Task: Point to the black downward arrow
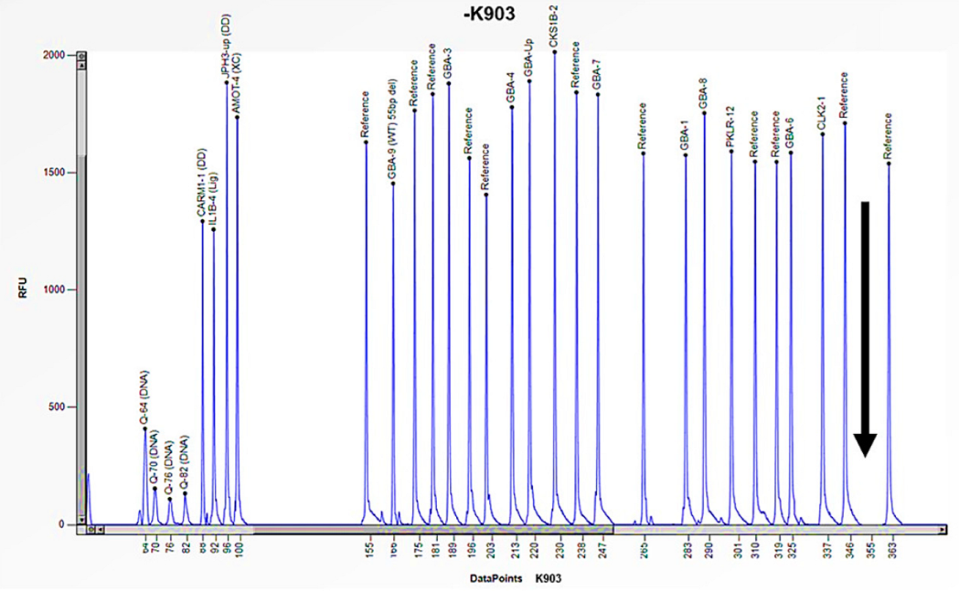click(865, 329)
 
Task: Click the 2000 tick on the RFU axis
click(57, 55)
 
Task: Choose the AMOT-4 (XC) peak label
click(237, 85)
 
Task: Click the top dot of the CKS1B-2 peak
click(555, 52)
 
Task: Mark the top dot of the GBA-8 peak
click(704, 112)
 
